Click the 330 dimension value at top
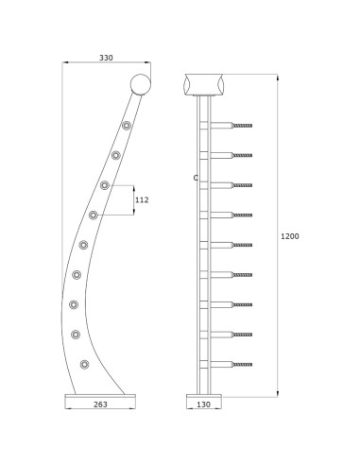(x=107, y=59)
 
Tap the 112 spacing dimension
(x=143, y=200)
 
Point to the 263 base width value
(x=101, y=405)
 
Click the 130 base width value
(x=203, y=405)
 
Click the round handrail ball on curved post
(x=140, y=85)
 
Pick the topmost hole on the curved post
(x=127, y=125)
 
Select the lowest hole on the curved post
(x=85, y=364)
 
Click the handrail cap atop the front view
(x=203, y=83)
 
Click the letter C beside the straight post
(x=194, y=178)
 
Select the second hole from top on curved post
(x=116, y=155)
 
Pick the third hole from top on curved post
(x=105, y=185)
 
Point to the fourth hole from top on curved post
(x=94, y=215)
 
